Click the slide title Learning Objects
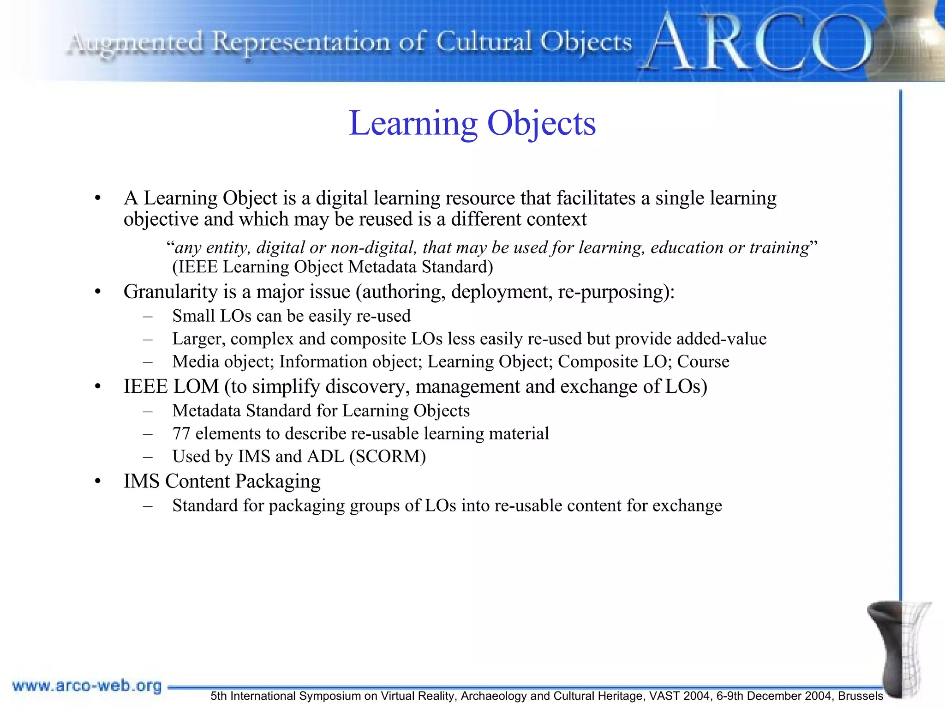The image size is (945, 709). (x=472, y=124)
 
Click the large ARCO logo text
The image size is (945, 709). (x=757, y=44)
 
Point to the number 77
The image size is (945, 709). (x=181, y=433)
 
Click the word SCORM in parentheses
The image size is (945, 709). (x=388, y=457)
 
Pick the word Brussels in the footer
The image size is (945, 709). (x=860, y=696)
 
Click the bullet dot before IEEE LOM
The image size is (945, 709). (x=97, y=387)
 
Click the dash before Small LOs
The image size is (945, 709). (x=148, y=317)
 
